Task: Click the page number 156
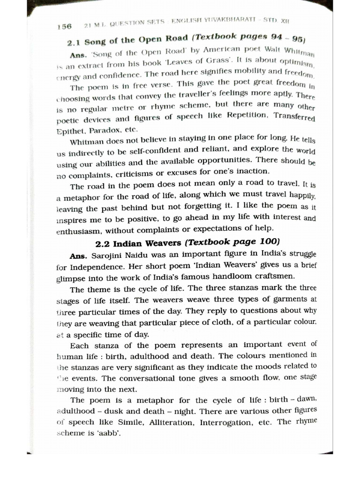pyautogui.click(x=64, y=27)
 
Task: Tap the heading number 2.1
pyautogui.click(x=75, y=43)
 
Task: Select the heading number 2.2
pyautogui.click(x=103, y=244)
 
